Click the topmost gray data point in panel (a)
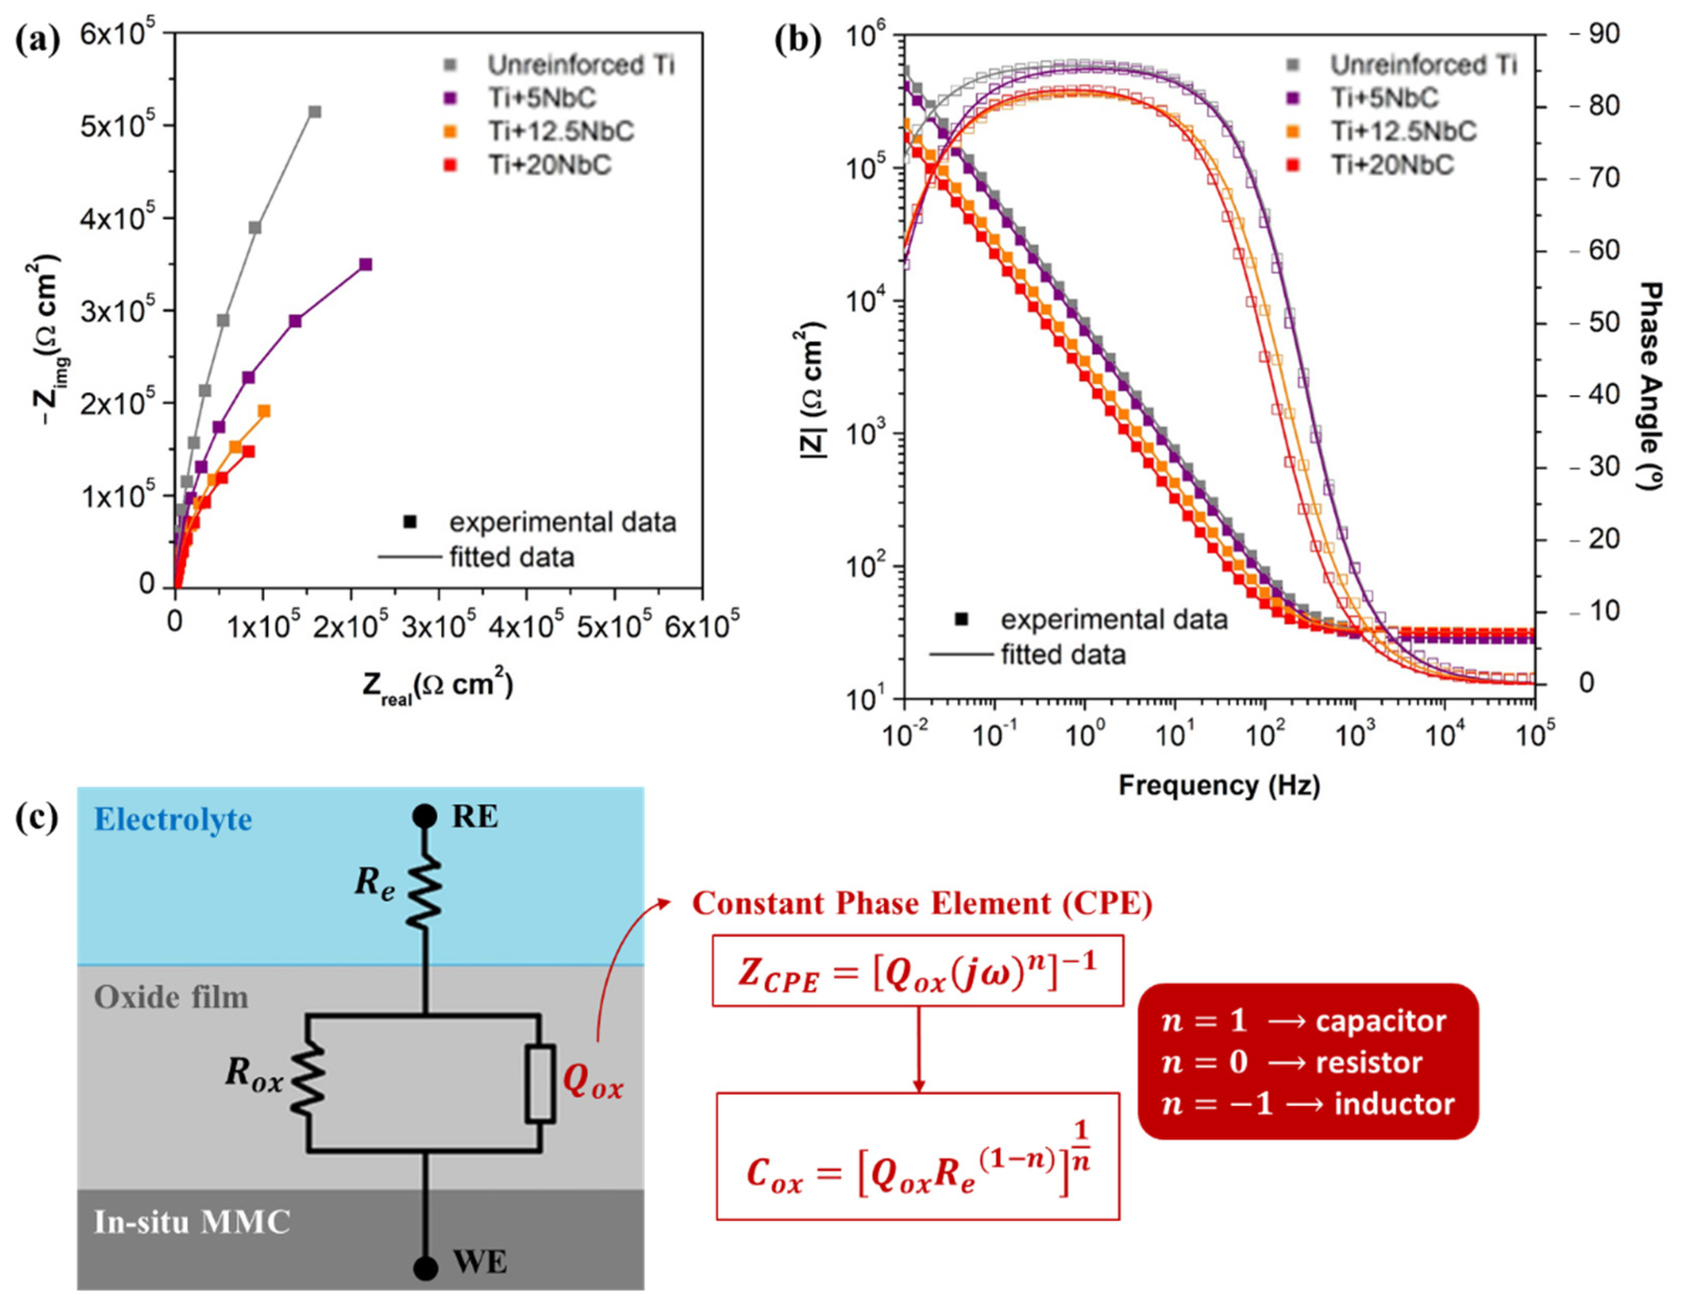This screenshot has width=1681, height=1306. click(314, 112)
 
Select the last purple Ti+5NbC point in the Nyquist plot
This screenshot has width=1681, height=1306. click(365, 264)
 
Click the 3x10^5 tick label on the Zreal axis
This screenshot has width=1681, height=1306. click(439, 628)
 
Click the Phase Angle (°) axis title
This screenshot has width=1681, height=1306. click(1652, 385)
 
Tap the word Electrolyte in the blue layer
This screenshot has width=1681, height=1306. click(173, 820)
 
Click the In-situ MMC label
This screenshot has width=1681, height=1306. click(192, 1222)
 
